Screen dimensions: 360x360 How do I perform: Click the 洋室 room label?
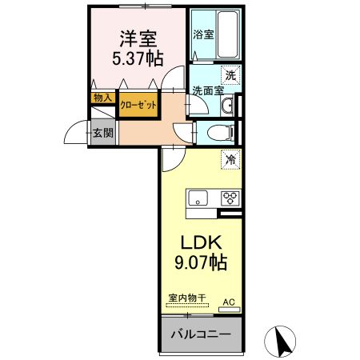(x=138, y=37)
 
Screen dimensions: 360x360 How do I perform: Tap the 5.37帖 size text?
(x=138, y=58)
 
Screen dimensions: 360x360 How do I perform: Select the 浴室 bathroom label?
(x=202, y=35)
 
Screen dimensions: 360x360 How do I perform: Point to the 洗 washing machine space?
(x=230, y=76)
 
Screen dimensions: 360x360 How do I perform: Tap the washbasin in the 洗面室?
(x=228, y=106)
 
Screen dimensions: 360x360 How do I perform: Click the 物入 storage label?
(x=102, y=98)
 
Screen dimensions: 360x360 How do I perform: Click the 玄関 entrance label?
(x=102, y=132)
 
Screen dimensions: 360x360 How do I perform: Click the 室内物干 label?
(x=186, y=298)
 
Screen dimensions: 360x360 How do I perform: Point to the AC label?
(x=229, y=302)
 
